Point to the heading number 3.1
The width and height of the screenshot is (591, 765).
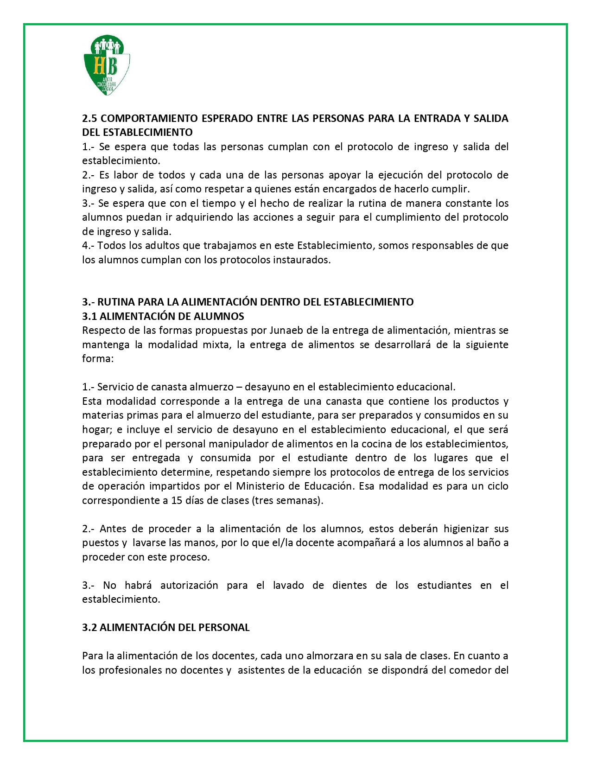89,316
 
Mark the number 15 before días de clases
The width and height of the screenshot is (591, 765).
177,500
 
